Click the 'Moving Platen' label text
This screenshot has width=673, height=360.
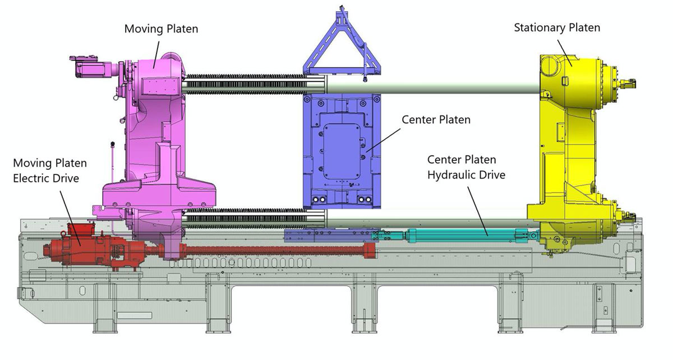tap(161, 27)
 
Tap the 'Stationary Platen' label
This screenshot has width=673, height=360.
tap(557, 27)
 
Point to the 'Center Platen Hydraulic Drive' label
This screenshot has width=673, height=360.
tap(466, 167)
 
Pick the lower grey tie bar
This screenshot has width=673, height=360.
tap(426, 219)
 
